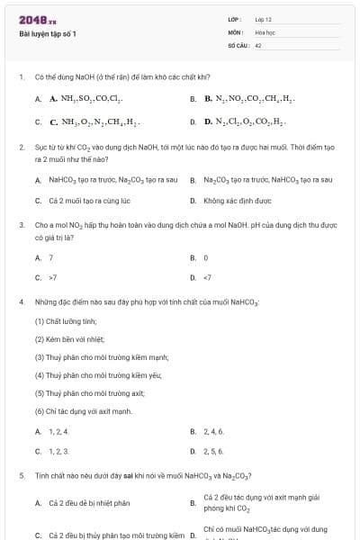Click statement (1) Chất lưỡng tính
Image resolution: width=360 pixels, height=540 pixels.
[65, 321]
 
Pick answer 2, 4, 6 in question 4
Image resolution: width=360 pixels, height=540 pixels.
[213, 431]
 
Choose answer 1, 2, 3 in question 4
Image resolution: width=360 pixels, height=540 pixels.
[58, 451]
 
